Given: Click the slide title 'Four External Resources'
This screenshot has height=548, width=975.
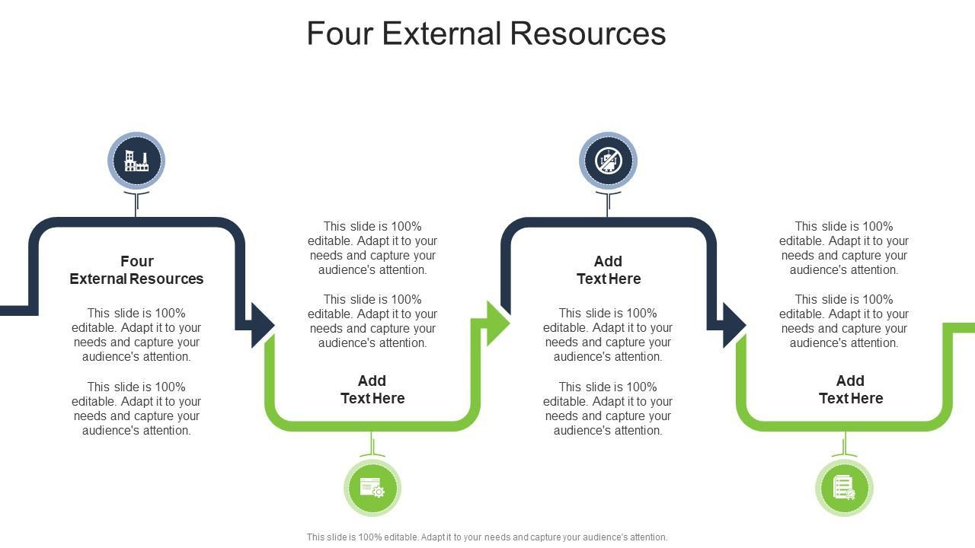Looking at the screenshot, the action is [x=486, y=33].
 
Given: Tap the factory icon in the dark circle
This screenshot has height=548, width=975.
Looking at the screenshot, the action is [x=136, y=161].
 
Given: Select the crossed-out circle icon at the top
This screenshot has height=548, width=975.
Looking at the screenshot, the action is [x=608, y=161].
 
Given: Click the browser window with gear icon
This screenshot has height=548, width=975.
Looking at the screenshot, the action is [x=372, y=488].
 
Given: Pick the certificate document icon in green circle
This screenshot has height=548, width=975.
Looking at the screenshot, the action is [x=844, y=488].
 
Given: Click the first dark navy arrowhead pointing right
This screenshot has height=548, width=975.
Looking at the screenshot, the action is [x=261, y=325].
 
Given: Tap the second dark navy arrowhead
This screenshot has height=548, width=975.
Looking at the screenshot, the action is [x=733, y=325].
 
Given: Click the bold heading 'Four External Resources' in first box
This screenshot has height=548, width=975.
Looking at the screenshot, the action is [x=136, y=270].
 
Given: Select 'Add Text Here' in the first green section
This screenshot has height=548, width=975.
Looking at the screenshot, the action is [x=372, y=390].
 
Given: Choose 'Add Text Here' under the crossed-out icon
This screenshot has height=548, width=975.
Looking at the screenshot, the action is [x=608, y=270].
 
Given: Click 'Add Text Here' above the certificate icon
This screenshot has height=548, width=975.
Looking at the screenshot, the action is [x=851, y=390].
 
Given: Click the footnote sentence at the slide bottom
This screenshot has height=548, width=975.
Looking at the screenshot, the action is [x=487, y=537].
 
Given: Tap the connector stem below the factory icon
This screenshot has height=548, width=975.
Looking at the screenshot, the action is [x=136, y=204].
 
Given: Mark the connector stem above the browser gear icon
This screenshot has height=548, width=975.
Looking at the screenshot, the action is [x=372, y=444].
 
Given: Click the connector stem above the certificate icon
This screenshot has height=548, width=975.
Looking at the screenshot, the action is [x=844, y=444].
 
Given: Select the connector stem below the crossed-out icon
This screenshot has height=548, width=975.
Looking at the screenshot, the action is [x=608, y=204].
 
